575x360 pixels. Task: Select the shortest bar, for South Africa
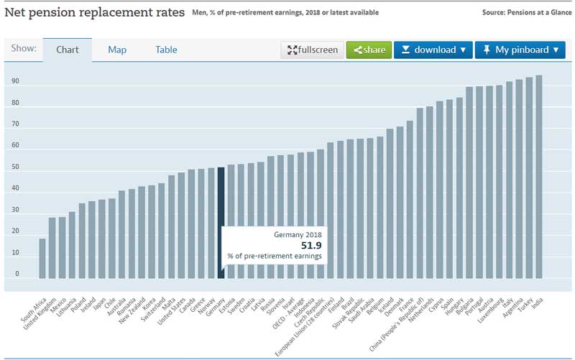click(42, 258)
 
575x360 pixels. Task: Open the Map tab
click(117, 50)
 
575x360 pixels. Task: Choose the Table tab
click(166, 50)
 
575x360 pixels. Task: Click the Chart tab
click(67, 50)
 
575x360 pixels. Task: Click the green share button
click(368, 50)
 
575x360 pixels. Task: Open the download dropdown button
click(433, 50)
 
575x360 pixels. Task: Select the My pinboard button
click(520, 50)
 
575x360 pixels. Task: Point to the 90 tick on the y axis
click(15, 81)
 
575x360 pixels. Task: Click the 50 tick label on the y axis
click(15, 167)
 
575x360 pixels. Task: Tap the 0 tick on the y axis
click(17, 274)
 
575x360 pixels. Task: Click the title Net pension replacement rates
click(94, 12)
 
